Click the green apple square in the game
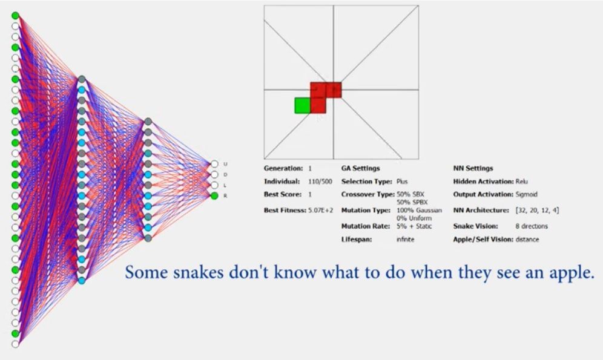[x=302, y=105]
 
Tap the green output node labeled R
[x=214, y=195]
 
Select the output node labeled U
[x=214, y=164]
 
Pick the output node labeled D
[x=214, y=175]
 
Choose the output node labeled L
[x=214, y=185]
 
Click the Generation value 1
[x=310, y=168]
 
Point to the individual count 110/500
[x=320, y=182]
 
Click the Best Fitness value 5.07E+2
[x=321, y=210]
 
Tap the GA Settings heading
[x=360, y=168]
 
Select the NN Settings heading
[x=473, y=168]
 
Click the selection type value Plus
[x=402, y=182]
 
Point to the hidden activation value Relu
[x=521, y=182]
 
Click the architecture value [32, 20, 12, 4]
[x=537, y=210]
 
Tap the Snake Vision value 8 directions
[x=532, y=226]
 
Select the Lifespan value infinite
[x=406, y=240]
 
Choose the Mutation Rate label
[x=365, y=226]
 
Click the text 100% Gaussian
[x=419, y=210]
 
